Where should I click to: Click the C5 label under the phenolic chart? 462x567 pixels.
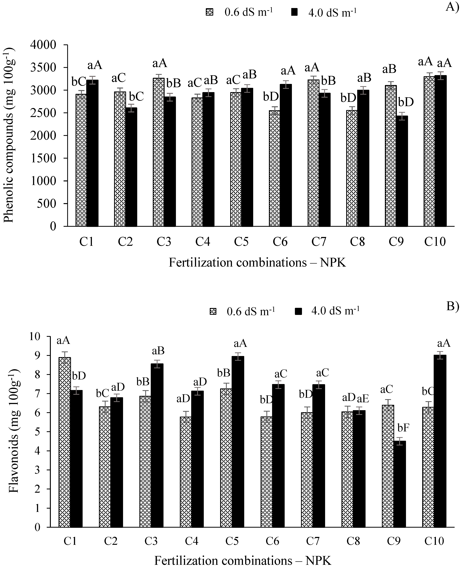tap(241, 242)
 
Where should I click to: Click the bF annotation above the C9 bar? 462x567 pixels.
tap(403, 428)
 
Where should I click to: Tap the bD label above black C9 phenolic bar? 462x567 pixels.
tap(406, 102)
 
